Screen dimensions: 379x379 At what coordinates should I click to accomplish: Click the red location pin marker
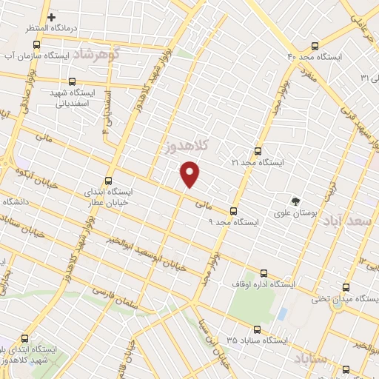click(x=190, y=175)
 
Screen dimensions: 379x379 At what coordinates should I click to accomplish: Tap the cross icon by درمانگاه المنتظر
click(x=52, y=17)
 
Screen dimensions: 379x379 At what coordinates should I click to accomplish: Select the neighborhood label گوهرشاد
click(x=113, y=54)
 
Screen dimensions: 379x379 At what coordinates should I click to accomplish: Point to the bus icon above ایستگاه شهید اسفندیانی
click(x=72, y=82)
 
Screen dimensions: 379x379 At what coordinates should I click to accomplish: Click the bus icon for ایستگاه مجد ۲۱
click(x=258, y=149)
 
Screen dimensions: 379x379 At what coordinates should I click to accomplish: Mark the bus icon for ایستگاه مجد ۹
click(x=234, y=210)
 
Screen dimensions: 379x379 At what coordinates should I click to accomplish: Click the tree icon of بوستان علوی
click(x=296, y=201)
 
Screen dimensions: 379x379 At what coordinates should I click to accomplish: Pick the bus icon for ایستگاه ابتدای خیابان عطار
click(x=109, y=181)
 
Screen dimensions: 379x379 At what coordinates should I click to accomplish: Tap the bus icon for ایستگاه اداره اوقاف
click(x=264, y=273)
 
